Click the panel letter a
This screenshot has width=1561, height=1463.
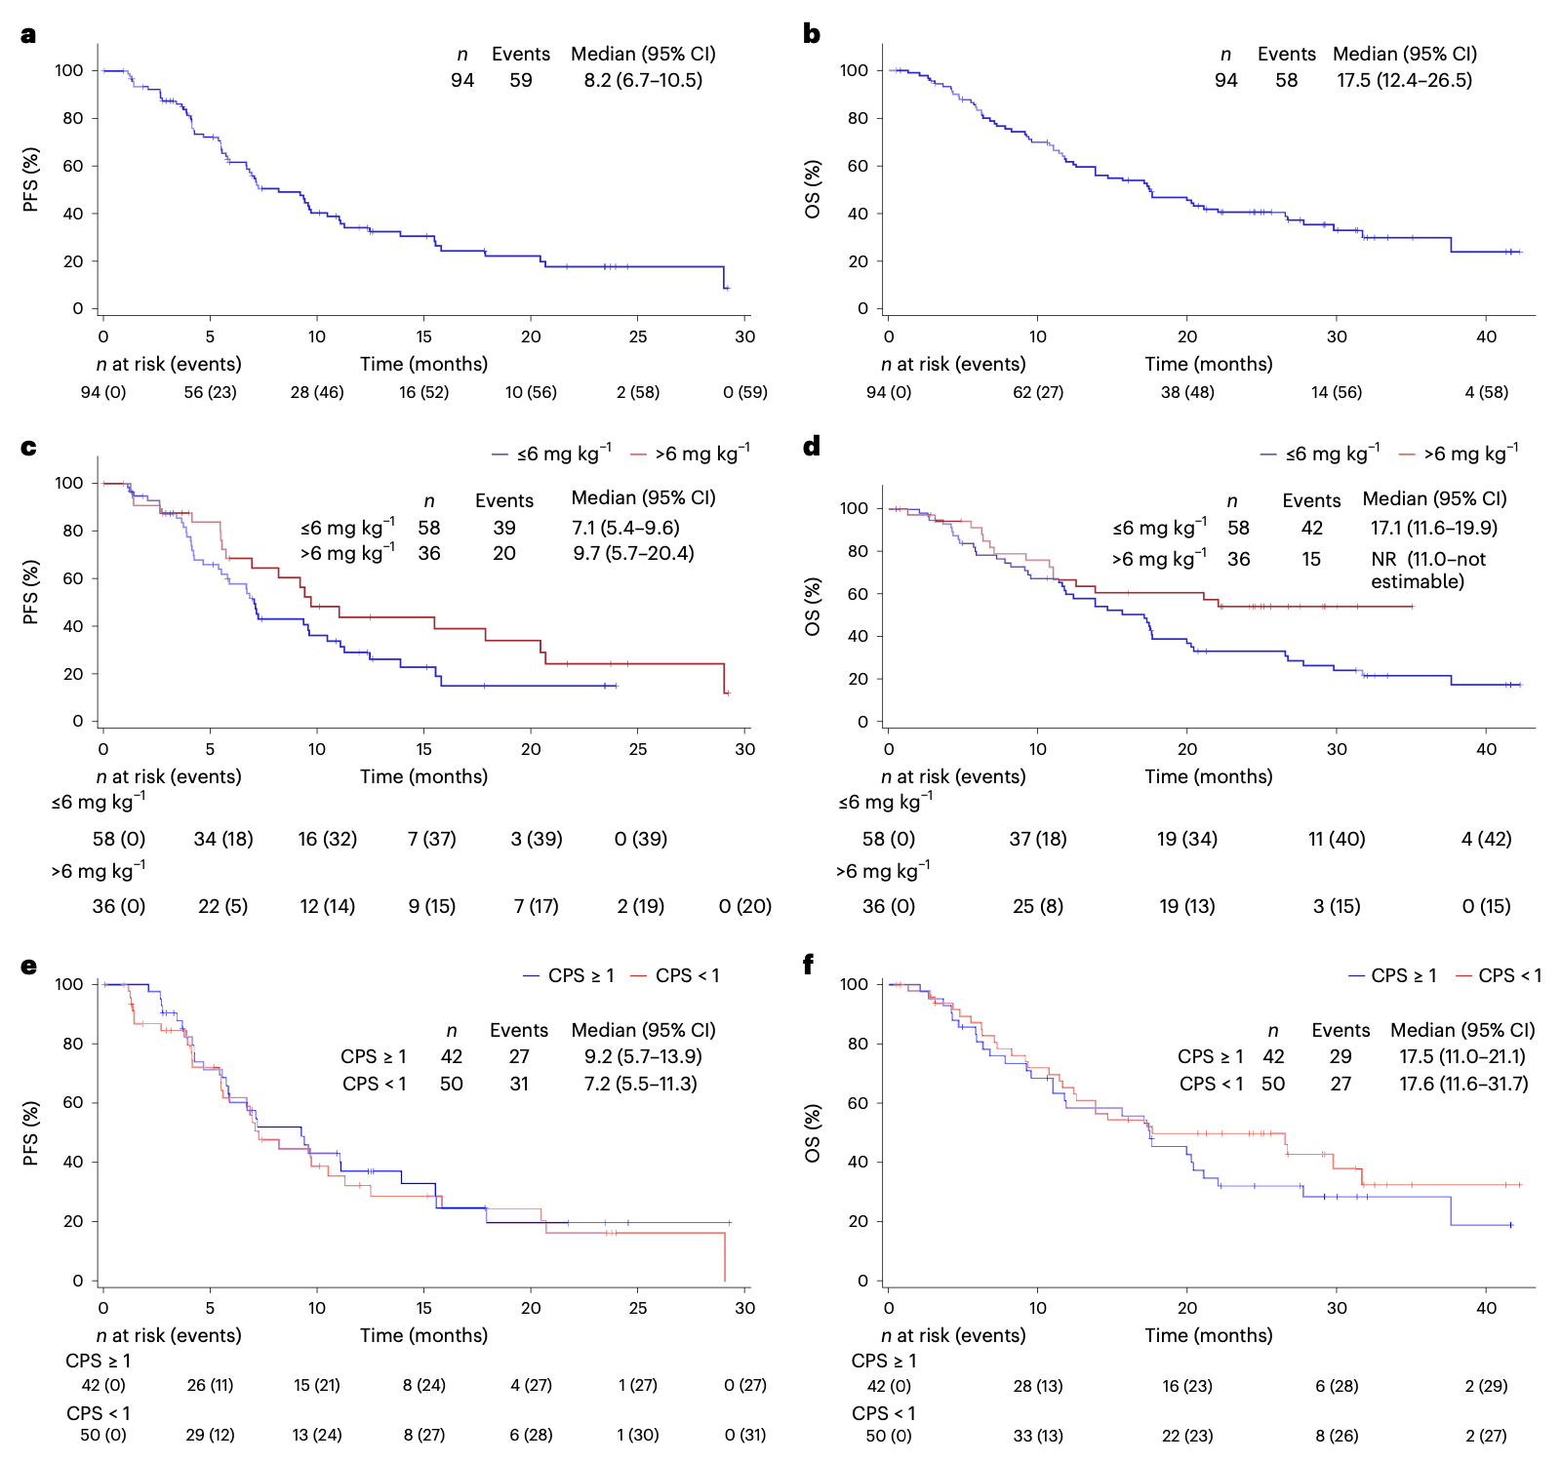click(28, 35)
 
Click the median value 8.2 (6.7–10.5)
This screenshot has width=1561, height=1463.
click(643, 80)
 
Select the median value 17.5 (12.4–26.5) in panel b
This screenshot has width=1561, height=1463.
click(1404, 80)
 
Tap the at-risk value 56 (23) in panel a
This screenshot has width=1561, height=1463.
click(210, 392)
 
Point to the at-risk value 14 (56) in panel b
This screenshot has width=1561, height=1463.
click(1336, 392)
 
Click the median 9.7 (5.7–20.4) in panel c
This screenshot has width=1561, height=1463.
click(633, 553)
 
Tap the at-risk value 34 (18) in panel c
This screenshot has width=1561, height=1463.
click(223, 839)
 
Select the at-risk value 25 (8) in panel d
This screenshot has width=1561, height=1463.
click(1037, 906)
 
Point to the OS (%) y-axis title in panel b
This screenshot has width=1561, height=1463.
click(812, 189)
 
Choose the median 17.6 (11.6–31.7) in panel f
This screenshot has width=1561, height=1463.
click(1462, 1084)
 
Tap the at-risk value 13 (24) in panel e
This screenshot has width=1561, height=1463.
click(316, 1435)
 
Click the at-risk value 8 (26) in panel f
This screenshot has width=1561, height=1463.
click(1336, 1436)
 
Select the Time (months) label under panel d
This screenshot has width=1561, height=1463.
click(1208, 776)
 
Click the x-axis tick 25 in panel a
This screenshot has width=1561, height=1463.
click(637, 336)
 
